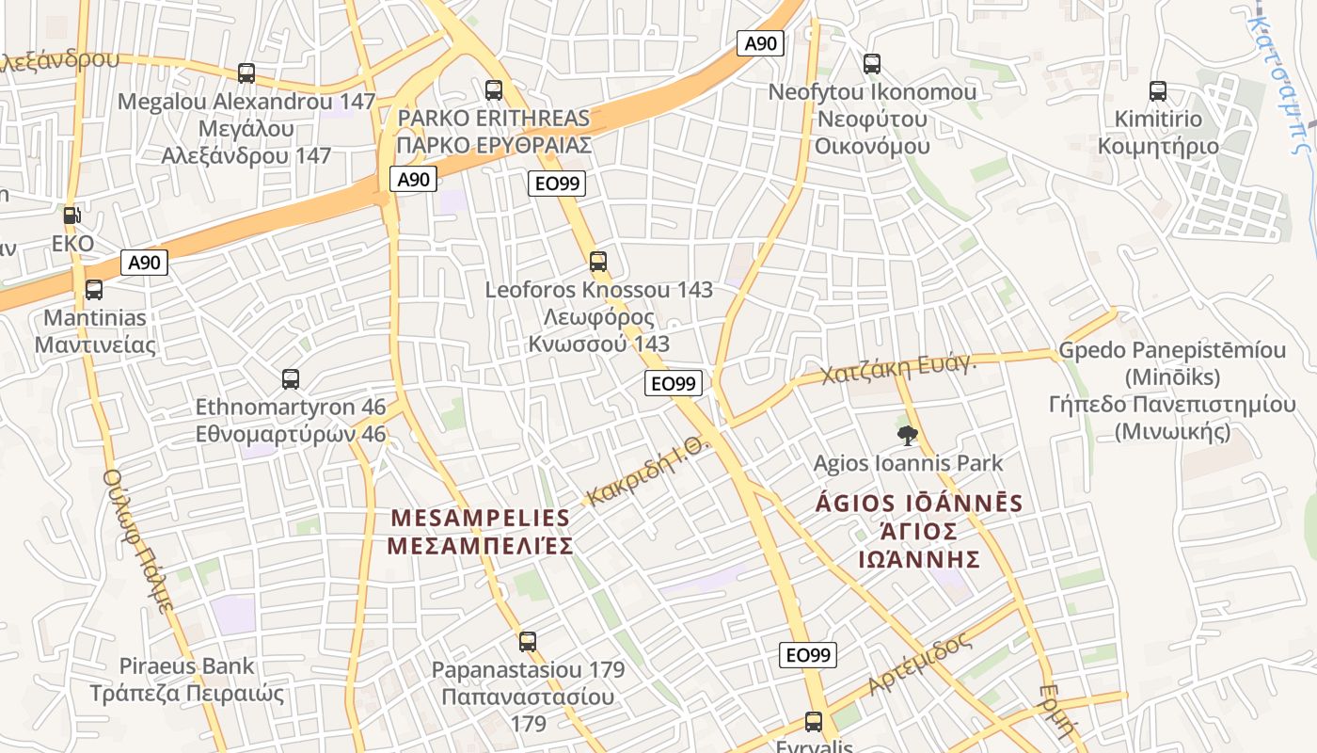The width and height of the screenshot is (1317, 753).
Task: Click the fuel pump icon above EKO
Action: tap(72, 216)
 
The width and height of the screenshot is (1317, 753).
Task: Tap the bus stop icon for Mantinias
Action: tap(94, 290)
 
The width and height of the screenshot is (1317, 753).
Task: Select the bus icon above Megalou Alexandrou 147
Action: tap(246, 72)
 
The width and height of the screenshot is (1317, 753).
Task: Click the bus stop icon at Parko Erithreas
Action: tap(494, 90)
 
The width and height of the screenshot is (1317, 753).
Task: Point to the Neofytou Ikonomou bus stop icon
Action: tap(872, 64)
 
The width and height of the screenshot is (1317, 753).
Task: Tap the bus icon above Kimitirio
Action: tap(1158, 91)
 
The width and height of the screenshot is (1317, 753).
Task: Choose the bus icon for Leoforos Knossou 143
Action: tap(598, 262)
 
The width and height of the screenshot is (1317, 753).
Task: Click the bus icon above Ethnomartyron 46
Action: tap(291, 379)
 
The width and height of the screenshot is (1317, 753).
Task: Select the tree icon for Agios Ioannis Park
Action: tap(908, 435)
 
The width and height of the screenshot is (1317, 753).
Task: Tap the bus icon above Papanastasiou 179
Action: tap(528, 642)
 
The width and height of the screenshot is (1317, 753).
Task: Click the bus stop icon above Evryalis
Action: tap(814, 722)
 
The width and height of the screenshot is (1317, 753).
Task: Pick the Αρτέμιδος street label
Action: tap(919, 665)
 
